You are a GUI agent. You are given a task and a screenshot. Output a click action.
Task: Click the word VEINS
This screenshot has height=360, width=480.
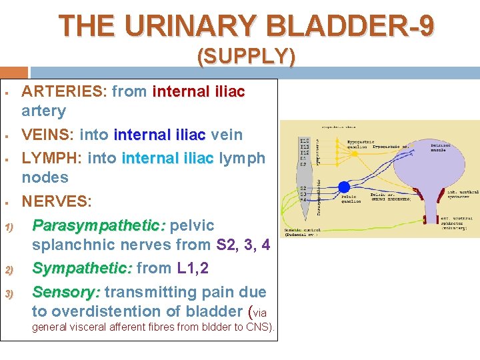pos(47,135)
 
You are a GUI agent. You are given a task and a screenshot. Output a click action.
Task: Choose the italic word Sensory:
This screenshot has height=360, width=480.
pos(66,292)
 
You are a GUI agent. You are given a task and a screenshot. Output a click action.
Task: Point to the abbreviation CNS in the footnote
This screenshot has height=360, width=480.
pos(257,327)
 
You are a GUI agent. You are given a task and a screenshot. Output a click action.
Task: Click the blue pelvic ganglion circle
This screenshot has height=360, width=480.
pos(344,188)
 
